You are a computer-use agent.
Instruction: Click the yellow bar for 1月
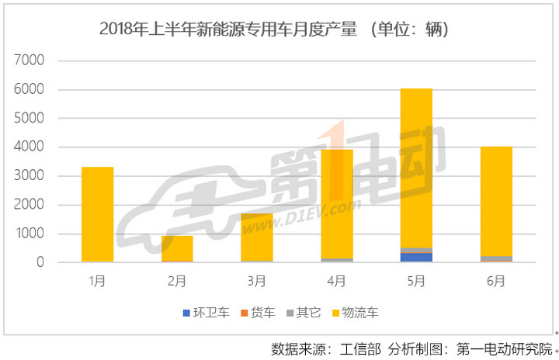[x=97, y=214]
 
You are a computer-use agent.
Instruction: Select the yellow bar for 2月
[x=177, y=247]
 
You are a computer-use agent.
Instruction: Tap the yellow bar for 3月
[x=257, y=237]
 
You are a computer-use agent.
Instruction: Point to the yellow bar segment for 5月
[x=416, y=168]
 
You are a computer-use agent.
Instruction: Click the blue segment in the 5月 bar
[x=416, y=258]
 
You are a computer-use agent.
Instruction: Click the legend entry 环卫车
[x=205, y=313]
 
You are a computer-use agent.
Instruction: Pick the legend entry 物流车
[x=356, y=313]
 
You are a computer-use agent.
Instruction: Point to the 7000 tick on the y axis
[x=31, y=61]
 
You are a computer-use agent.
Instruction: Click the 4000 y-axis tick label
[x=31, y=147]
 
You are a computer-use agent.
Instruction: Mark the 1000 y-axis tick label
[x=31, y=234]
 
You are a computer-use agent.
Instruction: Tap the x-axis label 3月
[x=257, y=282]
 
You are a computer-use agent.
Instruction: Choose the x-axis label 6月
[x=496, y=282]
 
